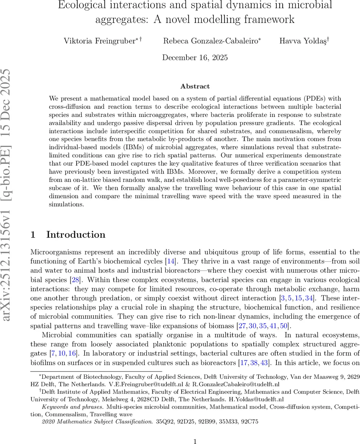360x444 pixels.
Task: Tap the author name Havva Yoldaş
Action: (303, 40)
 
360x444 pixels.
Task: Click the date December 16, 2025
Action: (195, 57)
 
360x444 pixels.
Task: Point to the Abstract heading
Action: (195, 86)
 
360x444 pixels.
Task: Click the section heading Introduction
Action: (75, 235)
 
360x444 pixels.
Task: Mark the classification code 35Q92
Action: (163, 421)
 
